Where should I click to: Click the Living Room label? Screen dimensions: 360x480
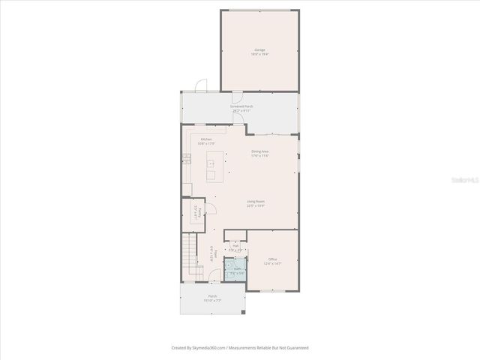point(256,202)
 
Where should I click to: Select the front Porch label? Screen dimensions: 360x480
point(212,298)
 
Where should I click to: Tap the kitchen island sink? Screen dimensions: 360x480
point(211,162)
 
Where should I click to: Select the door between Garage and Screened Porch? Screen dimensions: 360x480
point(237,93)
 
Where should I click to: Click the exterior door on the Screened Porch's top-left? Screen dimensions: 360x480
point(199,85)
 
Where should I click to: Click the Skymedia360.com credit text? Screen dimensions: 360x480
point(240,347)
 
